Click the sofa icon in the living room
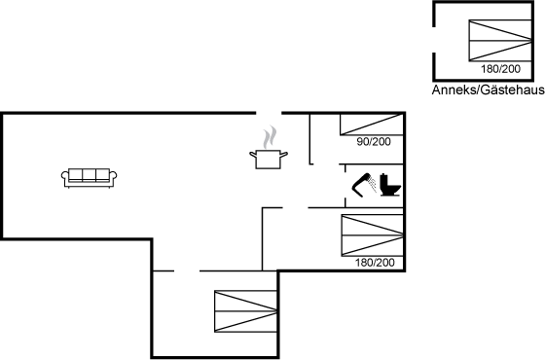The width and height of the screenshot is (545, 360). [89, 178]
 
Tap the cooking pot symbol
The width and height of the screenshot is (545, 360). [269, 160]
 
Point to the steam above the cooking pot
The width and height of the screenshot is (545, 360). [270, 137]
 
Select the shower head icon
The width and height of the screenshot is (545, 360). [364, 185]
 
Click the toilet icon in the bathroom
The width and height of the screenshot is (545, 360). [390, 185]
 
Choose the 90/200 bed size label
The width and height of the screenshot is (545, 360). [374, 142]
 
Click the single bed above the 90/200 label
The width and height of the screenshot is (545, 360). [372, 125]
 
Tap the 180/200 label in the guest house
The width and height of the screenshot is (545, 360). [500, 69]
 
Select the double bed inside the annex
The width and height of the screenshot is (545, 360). [500, 41]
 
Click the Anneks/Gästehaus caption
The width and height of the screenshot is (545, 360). [488, 90]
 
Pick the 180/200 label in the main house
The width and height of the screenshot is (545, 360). [375, 263]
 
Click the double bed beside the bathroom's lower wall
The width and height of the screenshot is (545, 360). [372, 235]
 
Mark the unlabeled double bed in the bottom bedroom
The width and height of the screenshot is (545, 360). [245, 311]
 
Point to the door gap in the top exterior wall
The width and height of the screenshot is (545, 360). [269, 113]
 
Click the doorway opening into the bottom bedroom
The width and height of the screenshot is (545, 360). [187, 270]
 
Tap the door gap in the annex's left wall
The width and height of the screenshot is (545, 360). [434, 40]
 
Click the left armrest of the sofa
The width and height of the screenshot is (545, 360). [64, 176]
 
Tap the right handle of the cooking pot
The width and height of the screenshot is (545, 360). [284, 154]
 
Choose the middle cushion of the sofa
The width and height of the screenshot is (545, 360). [89, 175]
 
